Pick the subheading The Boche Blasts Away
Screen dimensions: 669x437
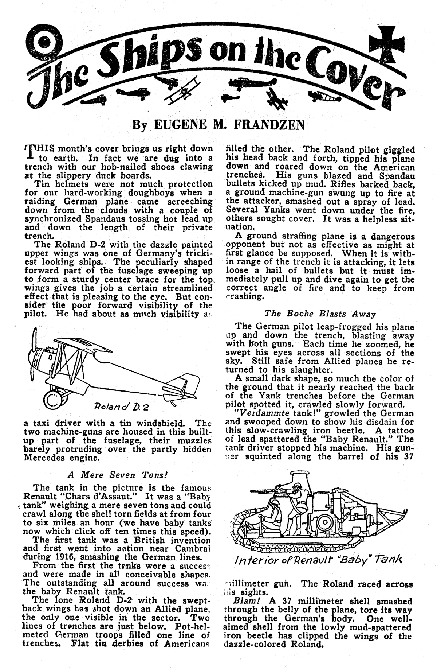320,314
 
